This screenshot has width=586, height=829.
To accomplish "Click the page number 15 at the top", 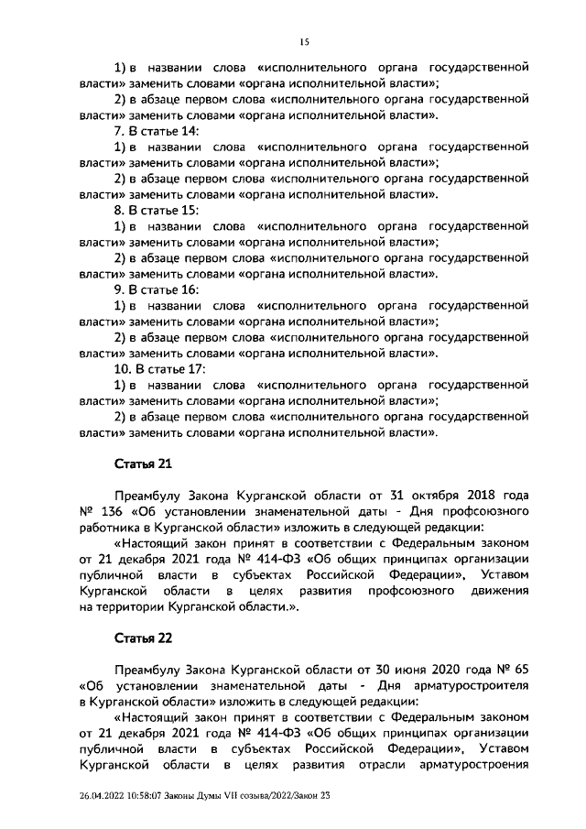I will click(304, 41).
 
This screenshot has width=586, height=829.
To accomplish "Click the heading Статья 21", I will click(143, 465).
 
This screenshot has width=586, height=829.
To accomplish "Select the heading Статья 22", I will click(143, 636).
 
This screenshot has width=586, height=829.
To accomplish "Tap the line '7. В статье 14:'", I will click(155, 131).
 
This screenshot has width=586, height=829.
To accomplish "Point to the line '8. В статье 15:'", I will click(155, 211).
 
